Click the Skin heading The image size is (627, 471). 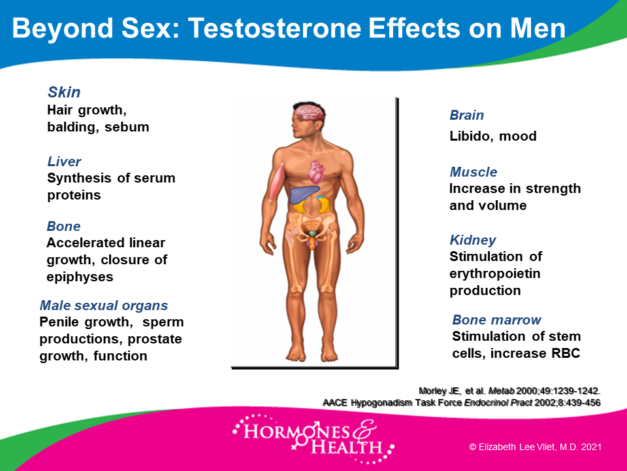64,92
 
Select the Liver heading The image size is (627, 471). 64,162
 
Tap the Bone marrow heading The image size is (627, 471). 496,320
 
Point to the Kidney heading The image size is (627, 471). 473,240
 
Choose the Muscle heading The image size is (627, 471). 474,172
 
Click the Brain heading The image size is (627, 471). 466,115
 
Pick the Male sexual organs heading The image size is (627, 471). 104,305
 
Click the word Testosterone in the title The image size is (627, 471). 275,28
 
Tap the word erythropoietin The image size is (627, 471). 494,273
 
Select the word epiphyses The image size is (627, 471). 80,277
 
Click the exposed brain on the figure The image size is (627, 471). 309,112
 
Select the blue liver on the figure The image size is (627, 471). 303,195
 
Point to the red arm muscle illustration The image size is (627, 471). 276,183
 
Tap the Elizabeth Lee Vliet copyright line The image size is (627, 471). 535,447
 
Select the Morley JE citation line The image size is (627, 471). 509,391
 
